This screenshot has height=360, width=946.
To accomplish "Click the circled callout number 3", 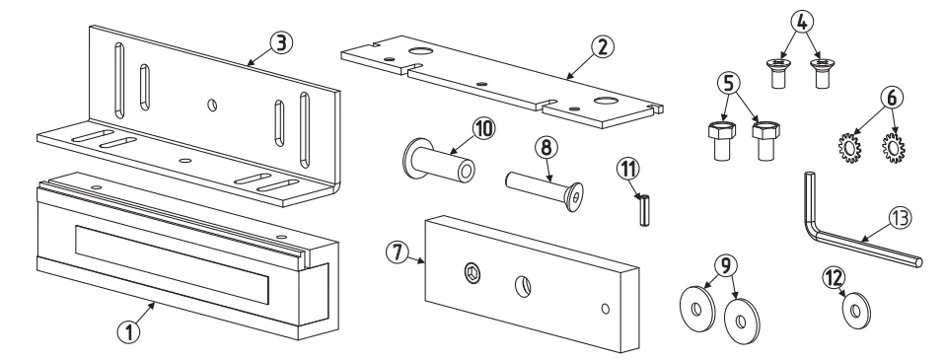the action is click(281, 43).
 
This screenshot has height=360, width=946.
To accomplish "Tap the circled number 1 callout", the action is click(128, 331).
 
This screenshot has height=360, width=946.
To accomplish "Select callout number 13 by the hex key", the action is click(900, 218).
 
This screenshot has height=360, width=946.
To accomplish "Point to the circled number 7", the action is click(397, 252).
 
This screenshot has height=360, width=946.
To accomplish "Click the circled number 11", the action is click(628, 170).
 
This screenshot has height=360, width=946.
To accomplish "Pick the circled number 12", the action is click(835, 278).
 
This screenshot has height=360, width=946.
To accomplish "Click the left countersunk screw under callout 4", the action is click(777, 73).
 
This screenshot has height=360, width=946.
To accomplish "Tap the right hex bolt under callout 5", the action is click(766, 140).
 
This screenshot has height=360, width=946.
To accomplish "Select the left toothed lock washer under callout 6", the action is click(849, 148).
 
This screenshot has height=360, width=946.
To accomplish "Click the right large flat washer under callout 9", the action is click(742, 321).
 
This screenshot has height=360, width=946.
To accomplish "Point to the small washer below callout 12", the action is click(856, 311).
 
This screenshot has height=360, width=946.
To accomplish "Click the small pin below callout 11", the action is click(644, 210).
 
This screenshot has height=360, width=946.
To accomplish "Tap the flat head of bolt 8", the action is click(574, 196).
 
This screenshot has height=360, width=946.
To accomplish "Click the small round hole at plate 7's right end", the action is click(605, 309).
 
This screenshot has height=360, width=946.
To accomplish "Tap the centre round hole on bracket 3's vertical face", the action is click(212, 105).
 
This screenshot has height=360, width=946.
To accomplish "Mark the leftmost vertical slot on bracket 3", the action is click(119, 80).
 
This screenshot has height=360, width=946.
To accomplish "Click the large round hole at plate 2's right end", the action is click(606, 101).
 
